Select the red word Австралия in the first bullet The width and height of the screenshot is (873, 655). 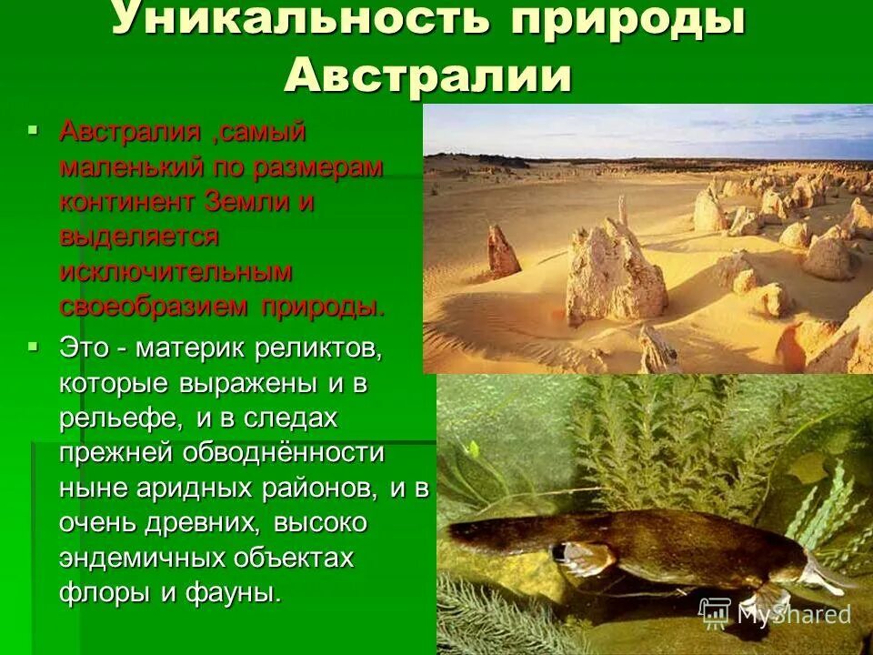point(130,133)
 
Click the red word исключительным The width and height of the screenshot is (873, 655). point(176,271)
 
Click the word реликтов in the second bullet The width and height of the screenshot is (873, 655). point(318,348)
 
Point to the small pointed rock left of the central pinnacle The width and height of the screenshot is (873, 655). point(502,252)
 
